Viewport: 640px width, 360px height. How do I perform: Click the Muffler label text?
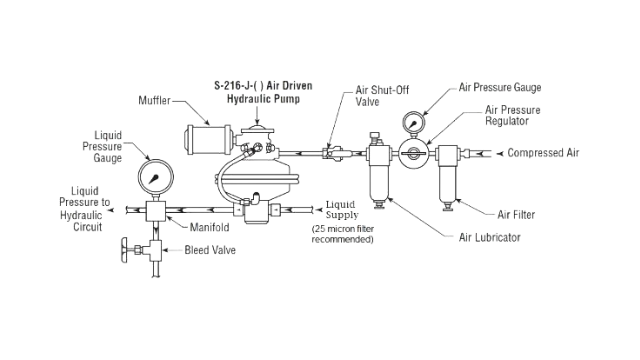coord(154,100)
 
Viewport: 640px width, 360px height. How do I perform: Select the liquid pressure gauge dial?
coord(156,177)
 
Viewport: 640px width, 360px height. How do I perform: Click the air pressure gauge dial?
coord(414,122)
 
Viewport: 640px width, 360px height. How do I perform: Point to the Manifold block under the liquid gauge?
coord(156,211)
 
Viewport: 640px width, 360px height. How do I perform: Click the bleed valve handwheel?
coord(125,250)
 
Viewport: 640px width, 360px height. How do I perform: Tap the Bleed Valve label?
coord(210,250)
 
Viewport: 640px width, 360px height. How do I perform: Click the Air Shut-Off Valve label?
coord(382,96)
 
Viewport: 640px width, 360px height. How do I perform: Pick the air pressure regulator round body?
coord(414,154)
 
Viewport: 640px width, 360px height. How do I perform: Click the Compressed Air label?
coord(543,153)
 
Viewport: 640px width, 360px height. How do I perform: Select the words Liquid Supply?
coord(342,210)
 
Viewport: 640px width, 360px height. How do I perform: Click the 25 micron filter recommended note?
coord(343,234)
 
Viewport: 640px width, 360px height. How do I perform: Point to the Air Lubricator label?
coord(490,237)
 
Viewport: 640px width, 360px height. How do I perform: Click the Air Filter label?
coord(516,215)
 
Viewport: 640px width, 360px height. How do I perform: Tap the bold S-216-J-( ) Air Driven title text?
coord(263,86)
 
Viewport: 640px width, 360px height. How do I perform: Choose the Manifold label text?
coord(209,227)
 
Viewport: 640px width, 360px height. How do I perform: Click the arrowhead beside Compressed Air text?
coord(500,154)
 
